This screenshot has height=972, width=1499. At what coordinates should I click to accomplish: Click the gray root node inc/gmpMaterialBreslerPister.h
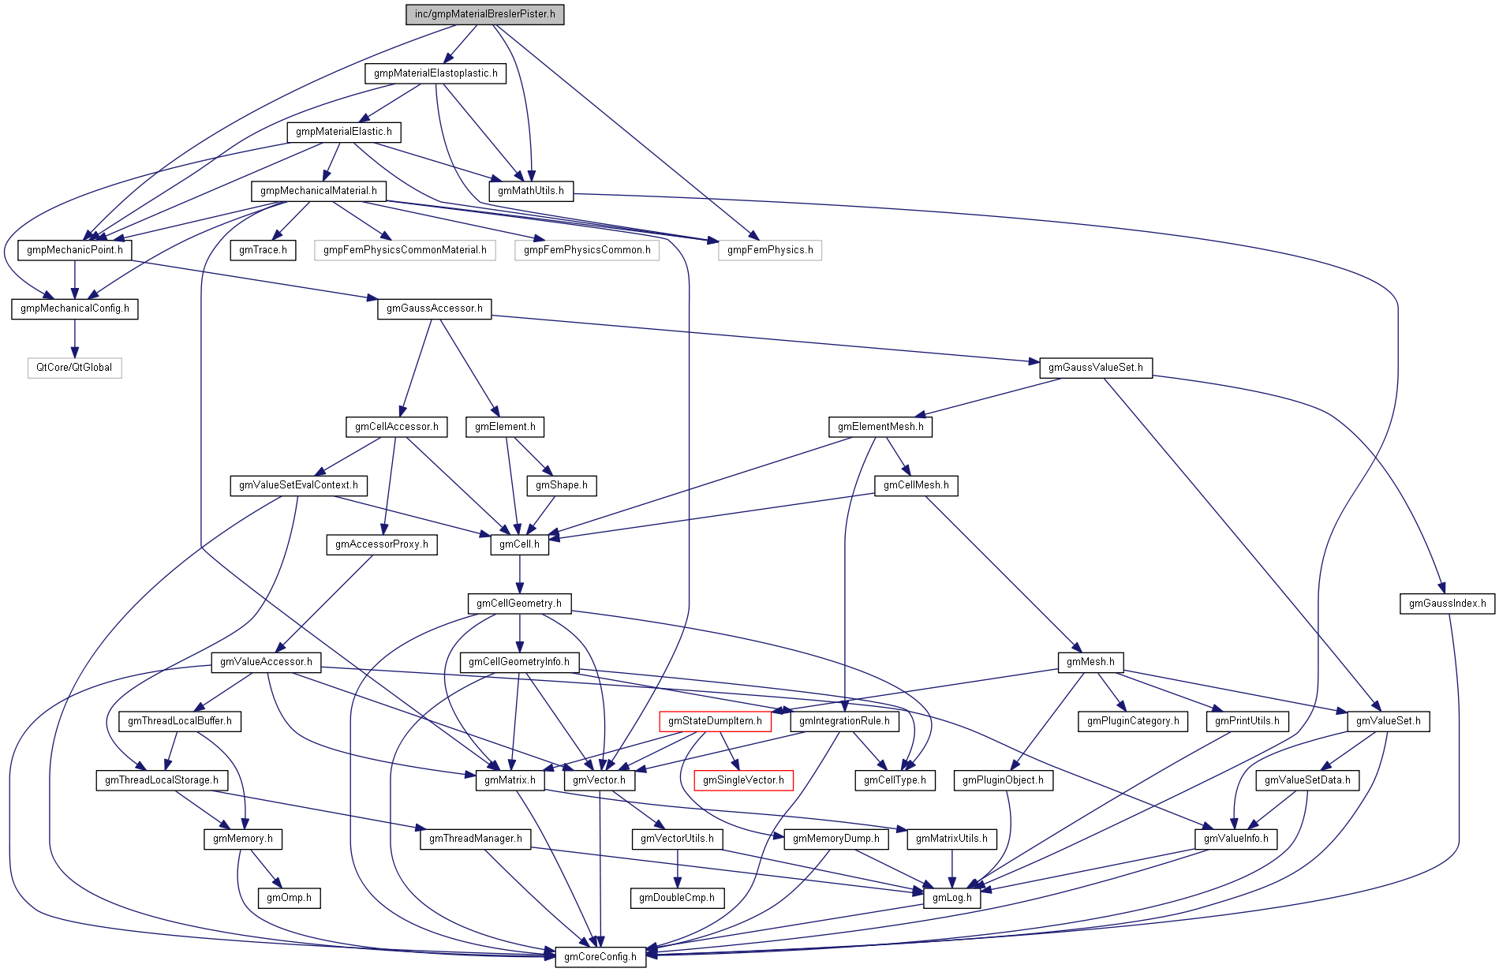pyautogui.click(x=484, y=14)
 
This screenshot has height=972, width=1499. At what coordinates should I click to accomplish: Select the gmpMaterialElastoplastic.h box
pyautogui.click(x=435, y=73)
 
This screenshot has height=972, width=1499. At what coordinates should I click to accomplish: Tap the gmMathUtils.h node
pyautogui.click(x=531, y=191)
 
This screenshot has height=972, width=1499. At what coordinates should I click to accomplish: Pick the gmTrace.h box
pyautogui.click(x=263, y=250)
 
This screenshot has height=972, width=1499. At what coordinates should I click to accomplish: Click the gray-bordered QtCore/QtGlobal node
pyautogui.click(x=74, y=368)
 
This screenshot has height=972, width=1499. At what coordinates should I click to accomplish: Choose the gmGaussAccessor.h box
pyautogui.click(x=434, y=308)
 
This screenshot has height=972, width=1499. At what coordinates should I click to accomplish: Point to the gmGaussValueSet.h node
pyautogui.click(x=1095, y=368)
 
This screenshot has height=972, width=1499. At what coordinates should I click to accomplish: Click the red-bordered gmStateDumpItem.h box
pyautogui.click(x=715, y=721)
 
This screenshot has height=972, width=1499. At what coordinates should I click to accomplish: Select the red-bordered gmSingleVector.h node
pyautogui.click(x=743, y=780)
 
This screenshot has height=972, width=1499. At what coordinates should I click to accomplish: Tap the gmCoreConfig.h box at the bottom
pyautogui.click(x=600, y=957)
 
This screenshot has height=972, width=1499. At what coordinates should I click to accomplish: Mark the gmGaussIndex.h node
pyautogui.click(x=1447, y=604)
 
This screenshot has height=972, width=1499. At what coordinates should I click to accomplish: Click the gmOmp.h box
pyautogui.click(x=289, y=898)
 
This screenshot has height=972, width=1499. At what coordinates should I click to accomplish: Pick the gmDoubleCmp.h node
pyautogui.click(x=677, y=898)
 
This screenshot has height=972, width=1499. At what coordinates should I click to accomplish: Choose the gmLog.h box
pyautogui.click(x=952, y=898)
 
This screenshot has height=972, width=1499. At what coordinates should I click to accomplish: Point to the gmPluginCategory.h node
pyautogui.click(x=1133, y=721)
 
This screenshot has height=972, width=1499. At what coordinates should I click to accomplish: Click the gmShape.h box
pyautogui.click(x=562, y=485)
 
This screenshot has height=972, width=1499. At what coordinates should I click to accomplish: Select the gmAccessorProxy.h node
pyautogui.click(x=382, y=544)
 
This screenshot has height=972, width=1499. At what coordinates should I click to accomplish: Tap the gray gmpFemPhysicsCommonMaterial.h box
pyautogui.click(x=405, y=250)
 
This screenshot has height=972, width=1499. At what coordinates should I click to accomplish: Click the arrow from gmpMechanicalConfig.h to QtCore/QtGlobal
pyautogui.click(x=75, y=338)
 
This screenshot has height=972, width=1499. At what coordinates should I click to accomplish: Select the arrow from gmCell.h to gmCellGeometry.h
pyautogui.click(x=519, y=574)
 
